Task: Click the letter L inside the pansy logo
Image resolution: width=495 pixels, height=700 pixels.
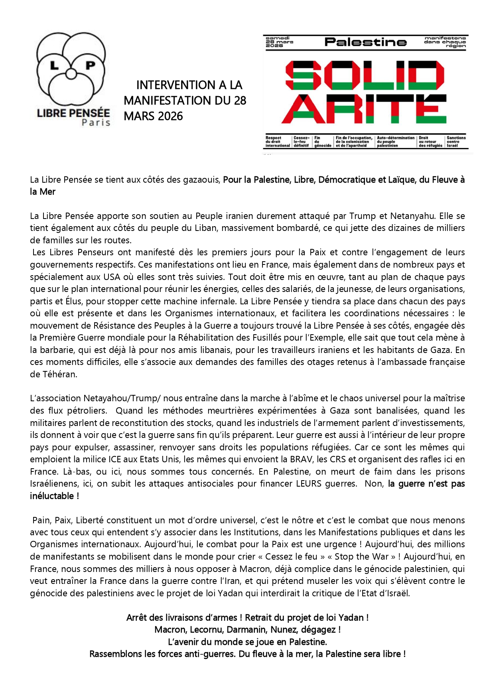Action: tap(54, 65)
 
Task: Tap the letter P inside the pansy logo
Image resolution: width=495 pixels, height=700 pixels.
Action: tap(91, 65)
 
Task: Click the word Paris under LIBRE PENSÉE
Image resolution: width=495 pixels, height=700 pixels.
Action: tap(96, 122)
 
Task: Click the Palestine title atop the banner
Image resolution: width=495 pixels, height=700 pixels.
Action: tap(365, 42)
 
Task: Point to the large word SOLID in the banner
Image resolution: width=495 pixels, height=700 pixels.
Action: tap(365, 75)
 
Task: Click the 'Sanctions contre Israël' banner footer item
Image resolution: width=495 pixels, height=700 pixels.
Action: tap(456, 142)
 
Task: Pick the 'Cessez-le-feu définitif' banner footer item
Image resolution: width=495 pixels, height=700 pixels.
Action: tap(301, 142)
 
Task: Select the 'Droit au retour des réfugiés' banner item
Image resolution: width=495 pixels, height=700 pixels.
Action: tap(430, 142)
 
